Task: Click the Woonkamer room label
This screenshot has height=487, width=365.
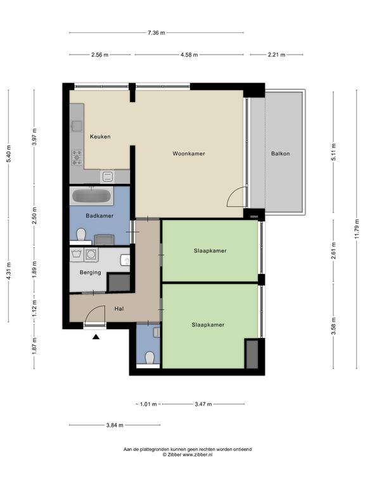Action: click(189, 153)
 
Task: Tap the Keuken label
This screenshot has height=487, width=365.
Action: click(100, 136)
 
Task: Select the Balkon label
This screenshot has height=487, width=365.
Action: click(280, 153)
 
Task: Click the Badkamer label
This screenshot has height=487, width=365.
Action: click(99, 216)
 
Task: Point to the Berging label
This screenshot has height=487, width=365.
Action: click(91, 273)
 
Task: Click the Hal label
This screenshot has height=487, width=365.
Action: click(119, 309)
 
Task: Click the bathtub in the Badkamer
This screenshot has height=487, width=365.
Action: click(91, 196)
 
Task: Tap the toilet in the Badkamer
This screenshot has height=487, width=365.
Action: click(81, 235)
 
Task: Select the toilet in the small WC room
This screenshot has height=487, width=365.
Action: click(150, 358)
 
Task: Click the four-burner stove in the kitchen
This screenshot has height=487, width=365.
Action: click(77, 157)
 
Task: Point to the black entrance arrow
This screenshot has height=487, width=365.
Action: click(96, 337)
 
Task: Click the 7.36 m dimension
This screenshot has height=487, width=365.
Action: click(157, 32)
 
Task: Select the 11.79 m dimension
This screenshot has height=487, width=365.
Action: click(357, 229)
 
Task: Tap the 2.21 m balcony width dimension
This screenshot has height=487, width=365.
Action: click(276, 55)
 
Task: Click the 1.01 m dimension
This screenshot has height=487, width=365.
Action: click(148, 404)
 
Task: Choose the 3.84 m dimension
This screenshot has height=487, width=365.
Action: click(115, 425)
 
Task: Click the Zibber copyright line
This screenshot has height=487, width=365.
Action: click(188, 455)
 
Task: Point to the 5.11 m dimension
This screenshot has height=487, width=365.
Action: click(334, 152)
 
